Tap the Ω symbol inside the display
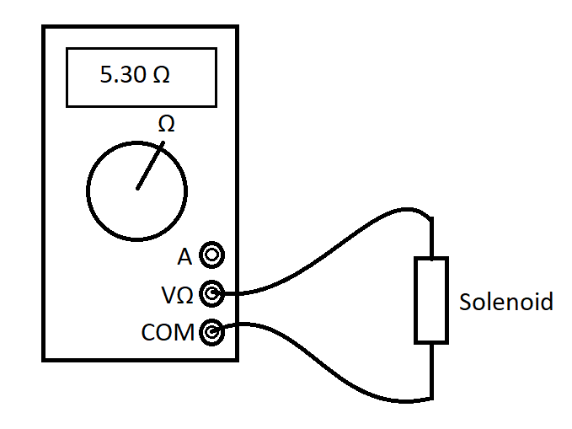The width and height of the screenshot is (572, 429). tap(161, 75)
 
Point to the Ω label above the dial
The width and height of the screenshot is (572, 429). tap(167, 124)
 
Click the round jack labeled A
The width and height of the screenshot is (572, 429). tap(212, 255)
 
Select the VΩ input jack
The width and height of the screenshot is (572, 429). tap(212, 294)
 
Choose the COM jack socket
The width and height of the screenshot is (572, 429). tap(212, 332)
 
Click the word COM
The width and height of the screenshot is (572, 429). tap(168, 333)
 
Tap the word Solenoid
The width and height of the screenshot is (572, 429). tap(506, 302)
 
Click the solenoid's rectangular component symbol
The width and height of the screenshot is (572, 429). tap(430, 301)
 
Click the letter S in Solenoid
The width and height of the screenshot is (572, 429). tap(465, 302)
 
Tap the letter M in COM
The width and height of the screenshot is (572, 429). tap(184, 333)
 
